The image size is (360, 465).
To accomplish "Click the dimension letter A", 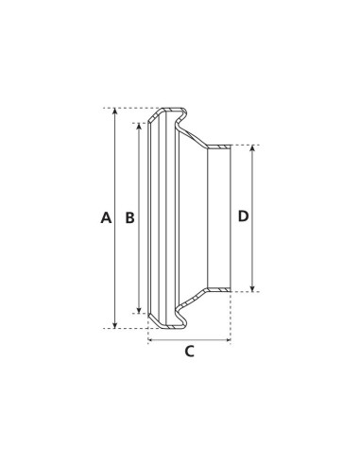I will click(x=106, y=217).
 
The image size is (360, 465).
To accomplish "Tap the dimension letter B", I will click(x=130, y=217).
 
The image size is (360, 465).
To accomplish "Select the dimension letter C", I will click(x=189, y=352).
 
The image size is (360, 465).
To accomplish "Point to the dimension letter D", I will click(x=243, y=216).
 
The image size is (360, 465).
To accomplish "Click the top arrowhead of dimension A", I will click(x=116, y=112).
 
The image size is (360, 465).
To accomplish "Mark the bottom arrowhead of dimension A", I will click(x=116, y=324).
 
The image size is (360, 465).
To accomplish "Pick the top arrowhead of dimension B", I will click(x=141, y=126).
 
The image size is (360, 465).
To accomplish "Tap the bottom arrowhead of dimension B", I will click(x=141, y=310).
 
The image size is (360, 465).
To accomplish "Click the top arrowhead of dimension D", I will click(x=252, y=149).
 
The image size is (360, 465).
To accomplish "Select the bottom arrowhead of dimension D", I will click(x=252, y=287).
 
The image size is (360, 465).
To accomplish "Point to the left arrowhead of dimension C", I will click(x=151, y=337).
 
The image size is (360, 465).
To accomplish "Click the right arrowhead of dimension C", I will click(x=228, y=337).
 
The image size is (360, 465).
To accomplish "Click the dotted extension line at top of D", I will click(x=244, y=145).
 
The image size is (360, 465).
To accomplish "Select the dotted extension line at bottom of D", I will click(x=244, y=292).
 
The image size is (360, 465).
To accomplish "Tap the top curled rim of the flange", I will click(x=170, y=110).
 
